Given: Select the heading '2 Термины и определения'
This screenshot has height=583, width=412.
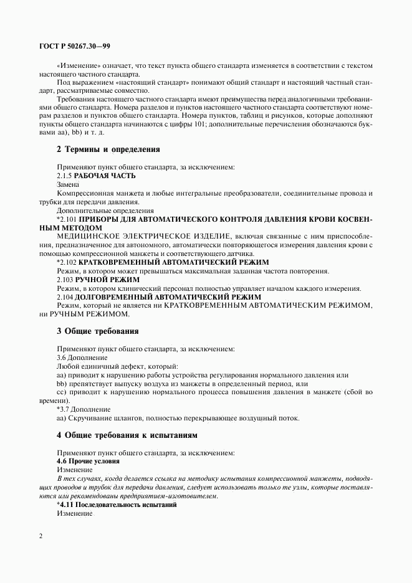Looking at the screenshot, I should pyautogui.click(x=100, y=149).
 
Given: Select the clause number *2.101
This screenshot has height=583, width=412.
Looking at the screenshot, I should pyautogui.click(x=67, y=220).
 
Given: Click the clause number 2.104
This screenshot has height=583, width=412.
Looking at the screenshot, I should pyautogui.click(x=65, y=297).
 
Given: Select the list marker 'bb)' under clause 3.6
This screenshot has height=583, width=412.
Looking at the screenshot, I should pyautogui.click(x=62, y=384).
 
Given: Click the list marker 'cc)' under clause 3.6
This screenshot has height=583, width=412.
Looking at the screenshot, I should pyautogui.click(x=62, y=392).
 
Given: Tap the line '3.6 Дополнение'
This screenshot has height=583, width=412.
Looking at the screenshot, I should pyautogui.click(x=82, y=358).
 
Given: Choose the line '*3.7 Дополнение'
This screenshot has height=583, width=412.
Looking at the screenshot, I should pyautogui.click(x=83, y=409).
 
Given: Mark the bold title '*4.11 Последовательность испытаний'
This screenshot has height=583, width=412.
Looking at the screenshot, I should pyautogui.click(x=117, y=505).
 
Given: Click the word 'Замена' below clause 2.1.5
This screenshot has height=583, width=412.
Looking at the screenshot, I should pyautogui.click(x=68, y=185).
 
